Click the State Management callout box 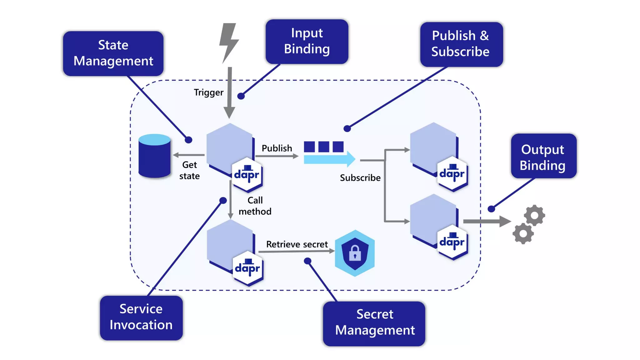point(113,53)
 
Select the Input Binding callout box point(307,41)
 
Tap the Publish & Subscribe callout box point(461,44)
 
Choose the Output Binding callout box point(543,156)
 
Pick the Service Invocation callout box point(141,317)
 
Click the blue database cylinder point(154,156)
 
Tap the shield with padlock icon point(355,253)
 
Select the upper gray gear point(534,215)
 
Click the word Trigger point(208,92)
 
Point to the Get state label point(189,170)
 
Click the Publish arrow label point(277,148)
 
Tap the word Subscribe point(360,178)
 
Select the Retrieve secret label point(297,244)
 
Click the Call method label point(255,206)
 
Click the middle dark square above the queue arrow point(324,147)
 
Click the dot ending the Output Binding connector point(491,209)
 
